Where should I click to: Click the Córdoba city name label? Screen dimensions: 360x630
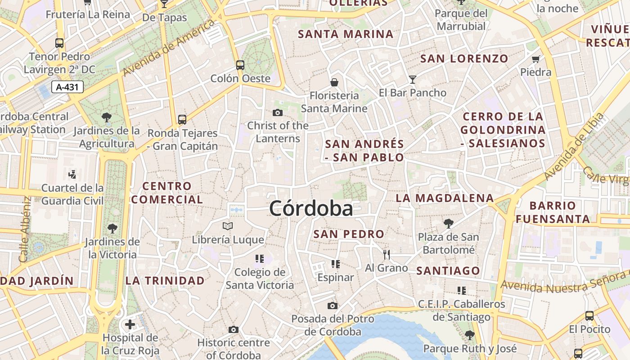(x=311, y=209)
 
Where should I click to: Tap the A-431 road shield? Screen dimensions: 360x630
(x=67, y=87)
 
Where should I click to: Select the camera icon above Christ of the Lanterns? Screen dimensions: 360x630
(x=278, y=112)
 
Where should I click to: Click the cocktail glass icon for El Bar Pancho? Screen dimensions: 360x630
(x=413, y=80)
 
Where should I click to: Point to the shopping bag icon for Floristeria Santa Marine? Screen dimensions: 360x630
(x=334, y=82)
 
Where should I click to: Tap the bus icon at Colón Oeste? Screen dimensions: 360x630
(x=240, y=65)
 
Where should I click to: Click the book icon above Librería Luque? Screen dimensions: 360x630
(x=228, y=226)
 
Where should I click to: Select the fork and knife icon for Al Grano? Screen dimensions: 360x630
(x=387, y=255)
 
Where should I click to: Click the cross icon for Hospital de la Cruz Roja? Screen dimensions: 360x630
(x=130, y=324)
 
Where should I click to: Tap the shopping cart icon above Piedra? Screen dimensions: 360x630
(x=535, y=59)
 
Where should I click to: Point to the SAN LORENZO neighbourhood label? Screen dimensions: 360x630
(x=464, y=58)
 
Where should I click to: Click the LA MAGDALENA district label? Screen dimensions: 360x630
(x=445, y=198)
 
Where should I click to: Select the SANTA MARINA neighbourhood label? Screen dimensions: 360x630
(x=346, y=34)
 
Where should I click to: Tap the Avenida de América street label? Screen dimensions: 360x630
(x=169, y=48)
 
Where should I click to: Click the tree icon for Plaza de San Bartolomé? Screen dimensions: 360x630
(x=448, y=223)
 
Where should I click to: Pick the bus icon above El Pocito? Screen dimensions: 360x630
(x=589, y=316)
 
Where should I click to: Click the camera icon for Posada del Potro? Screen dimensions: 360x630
(x=333, y=306)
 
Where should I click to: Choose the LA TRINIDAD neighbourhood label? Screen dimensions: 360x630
(x=165, y=281)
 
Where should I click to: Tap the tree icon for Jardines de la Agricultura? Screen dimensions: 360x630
(x=107, y=118)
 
